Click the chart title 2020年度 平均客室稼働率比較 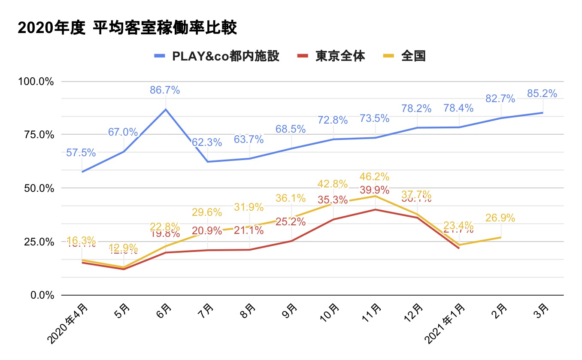(x=127, y=28)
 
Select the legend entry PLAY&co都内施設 (x=225, y=56)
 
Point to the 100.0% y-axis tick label (x=36, y=82)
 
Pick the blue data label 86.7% (x=165, y=90)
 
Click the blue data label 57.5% (x=81, y=152)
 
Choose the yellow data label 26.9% (x=500, y=218)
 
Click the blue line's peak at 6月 (x=166, y=109)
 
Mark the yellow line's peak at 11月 (x=376, y=196)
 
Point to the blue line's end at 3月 (x=543, y=112)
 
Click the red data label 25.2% (x=291, y=222)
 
